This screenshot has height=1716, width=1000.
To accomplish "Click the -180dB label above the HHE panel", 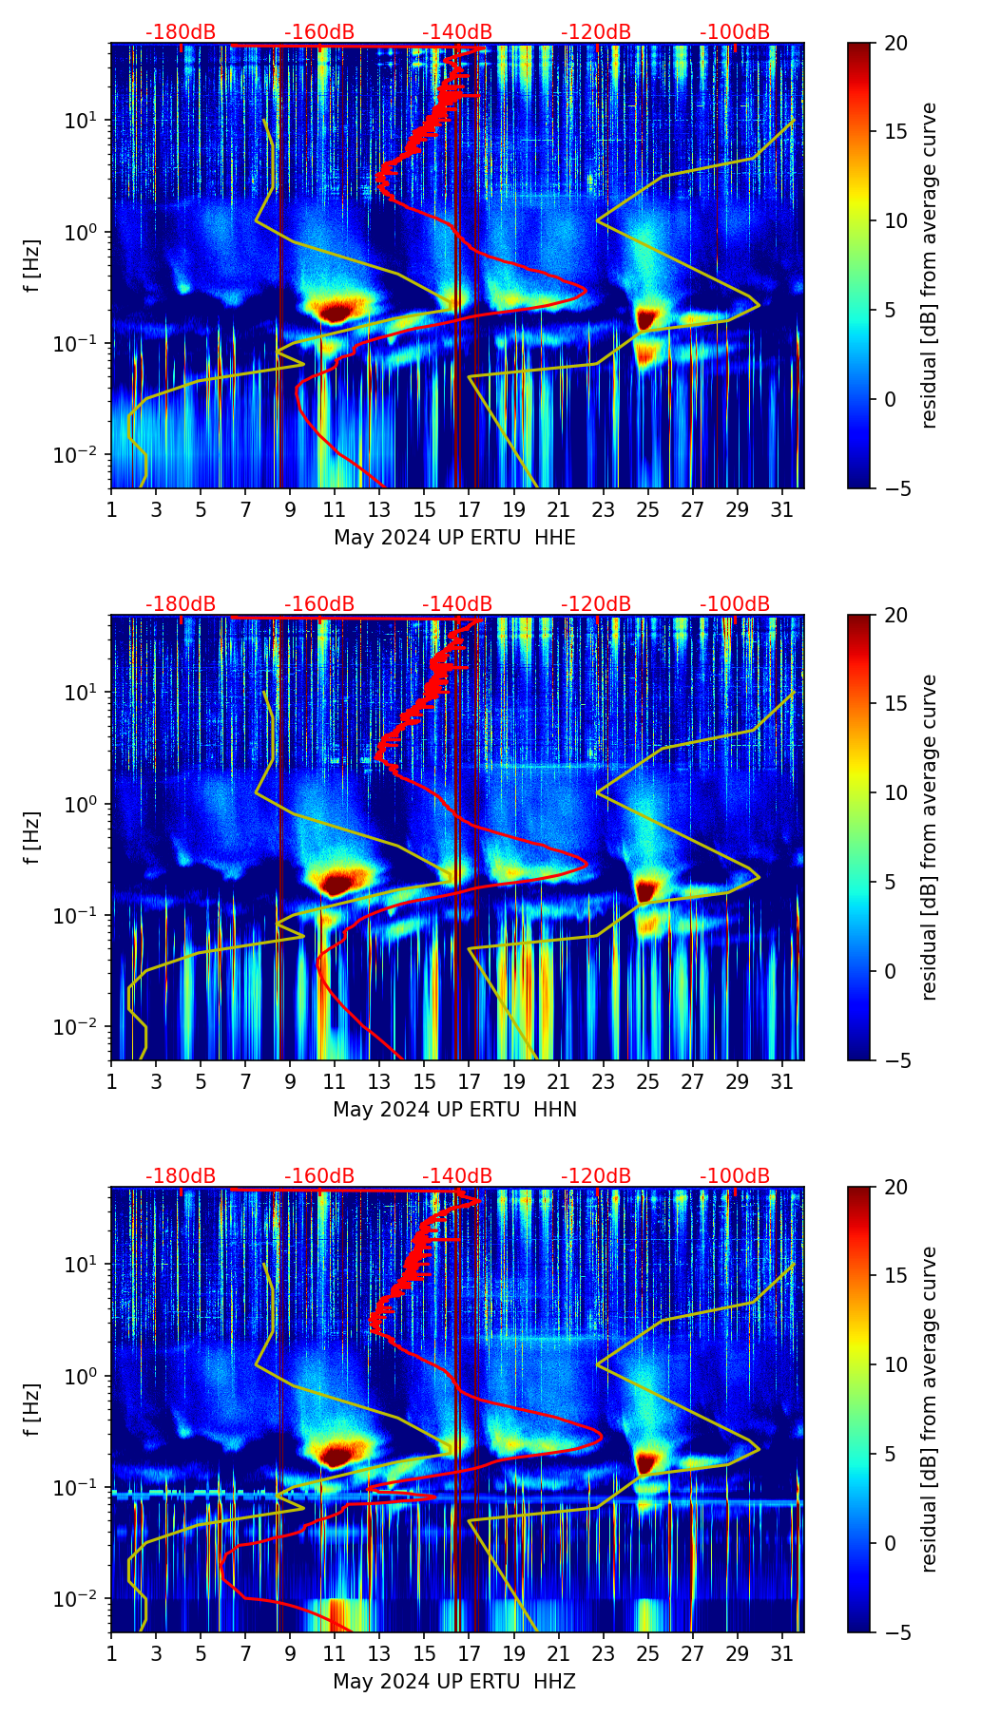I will (x=181, y=32).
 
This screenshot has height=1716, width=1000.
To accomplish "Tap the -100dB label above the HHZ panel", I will (x=735, y=1176).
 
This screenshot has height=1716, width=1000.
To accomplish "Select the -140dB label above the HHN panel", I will (x=457, y=604).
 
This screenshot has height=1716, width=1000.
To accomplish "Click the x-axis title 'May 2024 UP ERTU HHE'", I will (x=454, y=538).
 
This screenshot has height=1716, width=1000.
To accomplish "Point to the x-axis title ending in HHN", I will (x=454, y=1110).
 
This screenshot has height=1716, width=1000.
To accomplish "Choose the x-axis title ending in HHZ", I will (x=454, y=1682).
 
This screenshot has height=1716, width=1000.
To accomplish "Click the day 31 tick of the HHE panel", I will (x=782, y=509).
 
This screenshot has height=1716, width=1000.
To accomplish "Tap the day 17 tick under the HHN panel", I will (x=470, y=1081).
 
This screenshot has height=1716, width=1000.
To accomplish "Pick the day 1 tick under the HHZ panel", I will (x=111, y=1653).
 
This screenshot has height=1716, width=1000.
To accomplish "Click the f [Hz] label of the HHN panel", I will (x=33, y=837).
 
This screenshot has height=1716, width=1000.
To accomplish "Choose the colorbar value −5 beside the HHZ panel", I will (x=897, y=1632).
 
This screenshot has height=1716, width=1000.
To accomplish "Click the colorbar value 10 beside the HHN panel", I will (x=897, y=792).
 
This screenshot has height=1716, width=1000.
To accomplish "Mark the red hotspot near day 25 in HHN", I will (x=646, y=890).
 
